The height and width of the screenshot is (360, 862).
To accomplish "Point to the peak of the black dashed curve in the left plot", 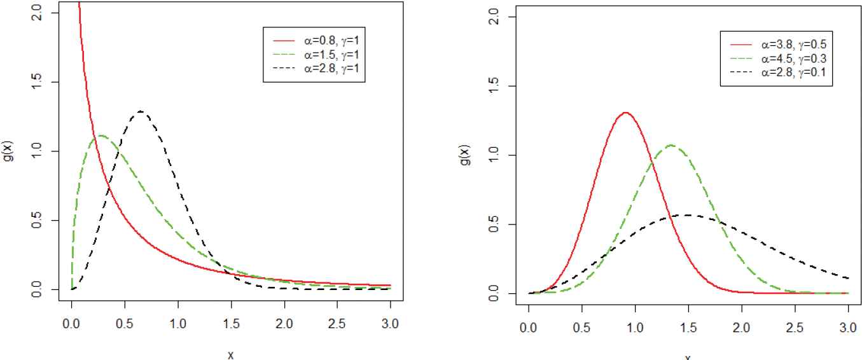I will tap(140, 111).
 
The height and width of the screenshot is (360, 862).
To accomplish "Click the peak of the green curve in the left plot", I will tap(101, 135).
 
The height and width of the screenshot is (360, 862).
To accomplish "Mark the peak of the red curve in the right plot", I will tap(625, 113).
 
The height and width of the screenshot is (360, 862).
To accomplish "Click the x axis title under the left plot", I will tap(231, 354).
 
